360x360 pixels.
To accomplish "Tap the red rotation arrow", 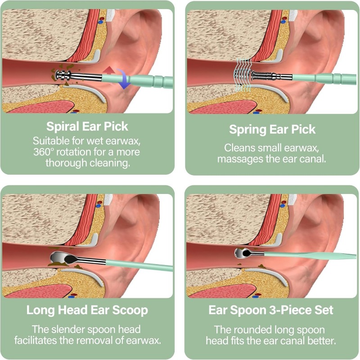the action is click(x=109, y=70).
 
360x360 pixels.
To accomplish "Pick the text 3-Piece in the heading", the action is click(x=289, y=310).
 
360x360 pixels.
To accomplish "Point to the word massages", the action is click(x=240, y=159).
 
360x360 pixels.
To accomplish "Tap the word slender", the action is click(x=69, y=329).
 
